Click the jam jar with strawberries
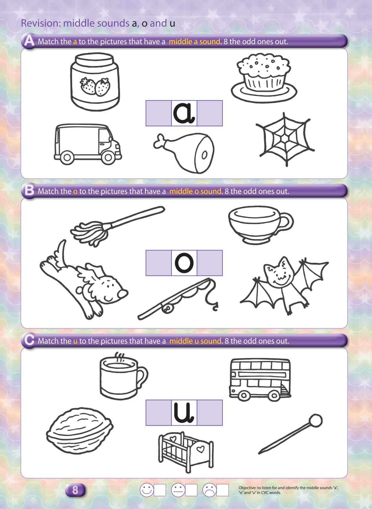(95, 82)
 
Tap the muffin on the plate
(264, 78)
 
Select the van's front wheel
(108, 157)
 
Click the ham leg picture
(184, 153)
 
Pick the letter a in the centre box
(184, 113)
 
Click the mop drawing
(118, 226)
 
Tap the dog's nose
(123, 294)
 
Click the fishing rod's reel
(167, 308)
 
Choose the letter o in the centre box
(184, 263)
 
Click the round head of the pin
(315, 420)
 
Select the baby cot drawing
(186, 452)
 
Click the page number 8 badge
(75, 490)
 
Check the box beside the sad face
(222, 490)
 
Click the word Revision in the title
(41, 23)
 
